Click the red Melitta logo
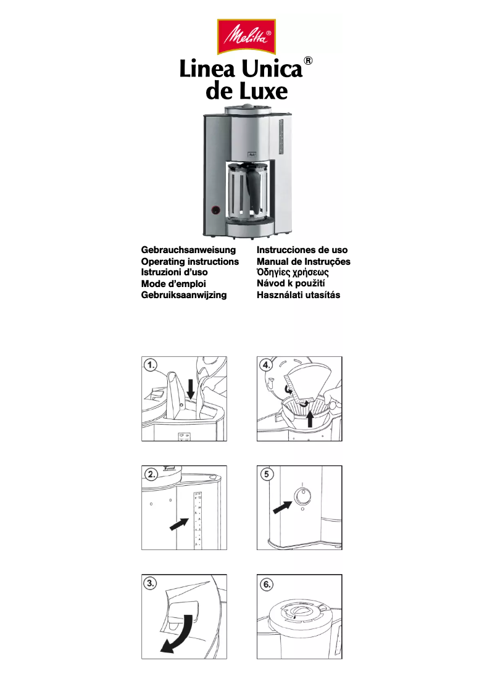click(x=247, y=37)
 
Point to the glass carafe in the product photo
click(x=246, y=191)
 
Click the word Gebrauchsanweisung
click(x=189, y=250)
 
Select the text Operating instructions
click(x=190, y=262)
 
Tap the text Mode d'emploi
click(x=173, y=284)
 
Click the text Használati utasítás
click(x=298, y=295)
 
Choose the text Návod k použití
click(x=291, y=284)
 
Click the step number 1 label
click(x=151, y=365)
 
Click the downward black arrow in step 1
click(x=191, y=388)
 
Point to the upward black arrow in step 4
click(x=310, y=420)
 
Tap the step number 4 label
click(x=267, y=365)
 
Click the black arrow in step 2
click(x=179, y=524)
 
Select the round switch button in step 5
click(x=302, y=496)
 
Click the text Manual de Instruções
click(x=303, y=262)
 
